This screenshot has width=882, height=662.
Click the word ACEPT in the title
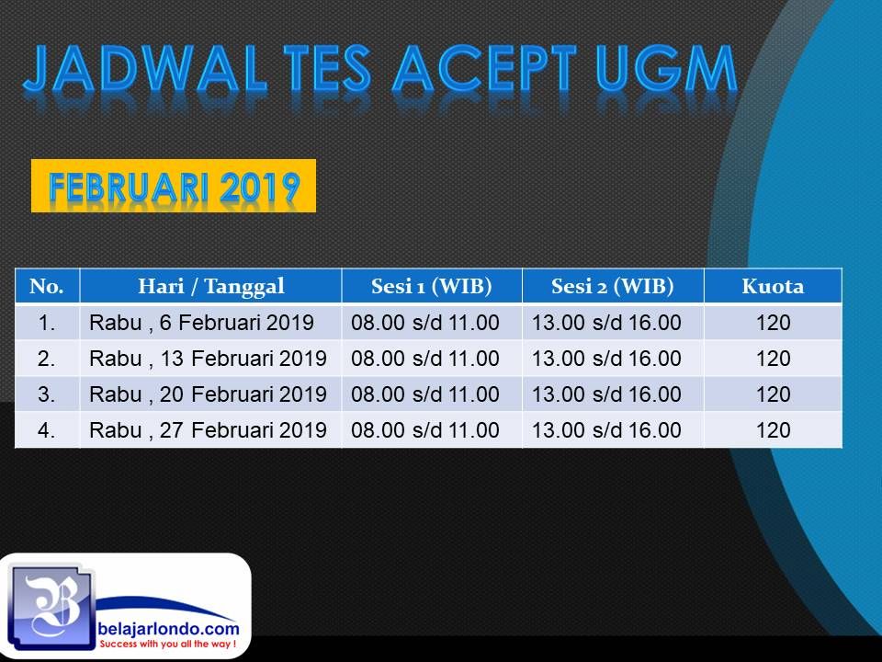coord(484,69)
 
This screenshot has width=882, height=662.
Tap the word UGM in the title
coord(667,69)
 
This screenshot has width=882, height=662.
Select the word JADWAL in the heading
coord(144,69)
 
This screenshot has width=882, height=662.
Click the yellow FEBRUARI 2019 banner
coord(174,186)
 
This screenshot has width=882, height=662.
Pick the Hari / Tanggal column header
coord(211,286)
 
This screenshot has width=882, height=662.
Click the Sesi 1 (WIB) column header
coord(432,286)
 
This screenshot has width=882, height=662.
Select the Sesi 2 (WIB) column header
coord(613,286)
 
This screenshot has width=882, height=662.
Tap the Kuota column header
coord(773,286)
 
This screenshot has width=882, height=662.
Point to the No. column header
coord(47,286)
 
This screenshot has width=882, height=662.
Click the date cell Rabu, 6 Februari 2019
coord(201,323)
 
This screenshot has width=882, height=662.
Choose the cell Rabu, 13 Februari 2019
coord(209,359)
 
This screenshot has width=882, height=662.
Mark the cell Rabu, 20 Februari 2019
coord(209,394)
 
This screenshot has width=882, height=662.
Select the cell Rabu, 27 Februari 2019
coord(209,430)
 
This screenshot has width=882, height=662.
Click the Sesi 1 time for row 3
coord(425,394)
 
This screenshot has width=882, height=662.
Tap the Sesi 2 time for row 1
coord(606,323)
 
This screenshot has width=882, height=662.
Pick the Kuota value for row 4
coord(773,430)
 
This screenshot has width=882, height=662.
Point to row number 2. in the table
coord(47,359)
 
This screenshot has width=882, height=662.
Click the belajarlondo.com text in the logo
coord(168,628)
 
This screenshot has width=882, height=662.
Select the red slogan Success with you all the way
coord(167,644)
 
